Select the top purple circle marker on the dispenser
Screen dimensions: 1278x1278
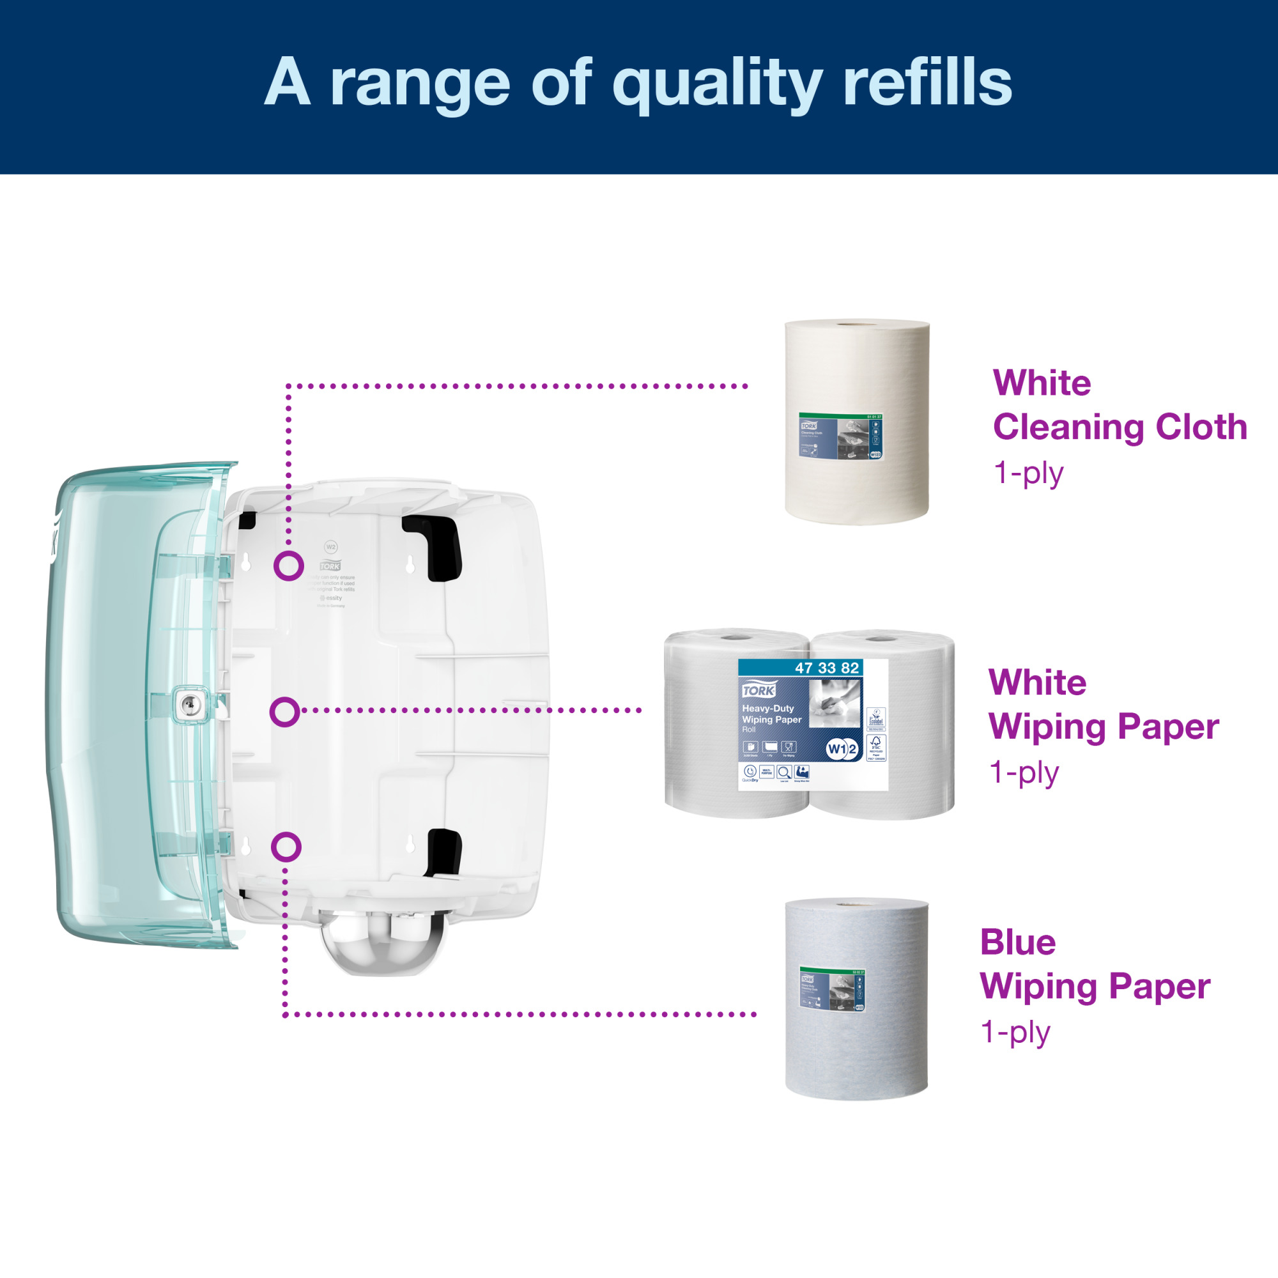(289, 566)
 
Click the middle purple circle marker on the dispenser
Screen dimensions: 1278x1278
(285, 712)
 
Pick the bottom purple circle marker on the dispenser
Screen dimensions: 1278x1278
(286, 847)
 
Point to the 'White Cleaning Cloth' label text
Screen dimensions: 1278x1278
(1120, 405)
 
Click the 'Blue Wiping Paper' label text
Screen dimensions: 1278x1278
(1094, 964)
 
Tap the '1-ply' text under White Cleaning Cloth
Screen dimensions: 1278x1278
(1029, 473)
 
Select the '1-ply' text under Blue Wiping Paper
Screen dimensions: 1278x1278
(1015, 1032)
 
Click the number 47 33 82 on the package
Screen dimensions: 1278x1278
(826, 668)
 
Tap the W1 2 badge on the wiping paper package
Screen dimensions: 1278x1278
(842, 749)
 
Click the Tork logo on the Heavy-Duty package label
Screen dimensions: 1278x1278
(758, 691)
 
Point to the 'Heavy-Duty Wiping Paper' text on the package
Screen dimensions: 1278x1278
(771, 714)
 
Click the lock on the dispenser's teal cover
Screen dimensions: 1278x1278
(189, 704)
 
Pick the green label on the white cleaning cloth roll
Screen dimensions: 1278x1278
(841, 436)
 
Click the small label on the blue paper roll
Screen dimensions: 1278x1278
(831, 990)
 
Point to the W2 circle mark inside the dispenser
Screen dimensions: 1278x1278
(331, 547)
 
